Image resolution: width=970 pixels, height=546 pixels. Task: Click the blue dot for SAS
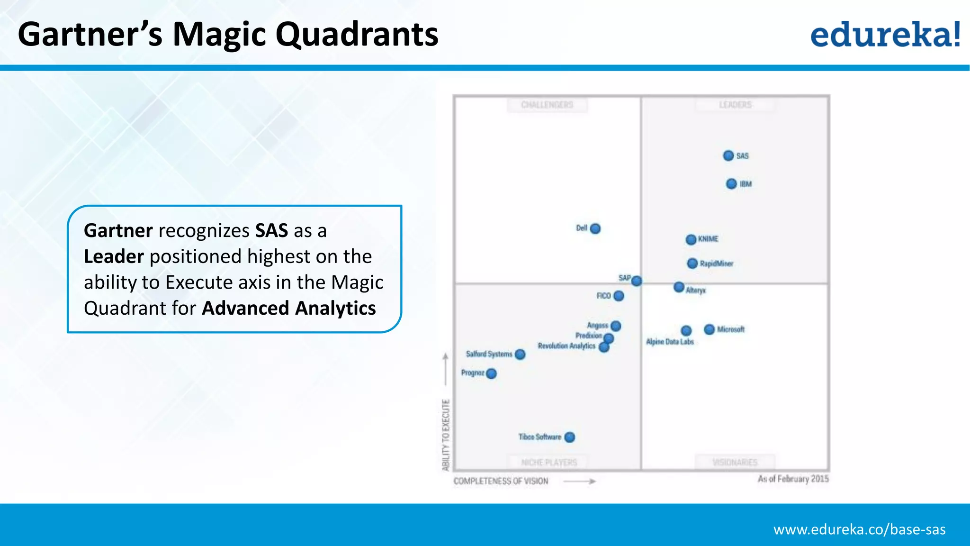point(728,155)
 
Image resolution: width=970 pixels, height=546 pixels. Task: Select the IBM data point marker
point(731,184)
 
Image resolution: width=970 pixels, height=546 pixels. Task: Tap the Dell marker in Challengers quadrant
point(595,228)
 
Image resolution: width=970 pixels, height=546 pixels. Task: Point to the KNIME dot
point(691,239)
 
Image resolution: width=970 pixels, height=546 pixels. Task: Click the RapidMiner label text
point(717,264)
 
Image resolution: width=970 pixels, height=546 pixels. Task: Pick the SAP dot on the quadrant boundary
point(637,281)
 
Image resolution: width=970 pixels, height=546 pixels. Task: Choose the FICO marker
point(619,296)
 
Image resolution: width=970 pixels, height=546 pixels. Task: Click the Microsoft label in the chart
point(731,329)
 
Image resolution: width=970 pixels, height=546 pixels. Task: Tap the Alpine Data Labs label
point(670,342)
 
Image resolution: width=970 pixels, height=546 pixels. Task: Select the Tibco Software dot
point(570,437)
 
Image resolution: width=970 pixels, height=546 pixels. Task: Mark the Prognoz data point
point(492,373)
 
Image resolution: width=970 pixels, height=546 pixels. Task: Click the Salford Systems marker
point(520,355)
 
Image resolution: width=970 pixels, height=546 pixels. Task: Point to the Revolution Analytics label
point(566,346)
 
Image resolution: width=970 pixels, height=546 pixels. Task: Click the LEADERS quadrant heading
point(735,105)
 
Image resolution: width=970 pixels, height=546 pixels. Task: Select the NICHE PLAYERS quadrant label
point(549,462)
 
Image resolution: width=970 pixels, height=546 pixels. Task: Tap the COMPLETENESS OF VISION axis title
point(501,481)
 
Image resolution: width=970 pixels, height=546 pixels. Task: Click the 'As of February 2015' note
point(793,479)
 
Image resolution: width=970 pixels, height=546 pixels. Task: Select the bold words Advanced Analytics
point(289,309)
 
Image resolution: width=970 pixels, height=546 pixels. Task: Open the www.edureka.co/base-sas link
point(859,529)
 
